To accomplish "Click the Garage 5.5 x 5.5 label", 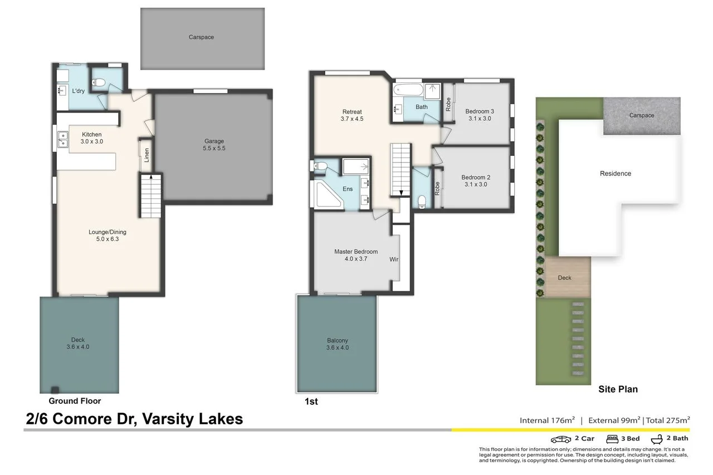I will [214, 145].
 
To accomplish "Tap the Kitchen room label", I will [92, 138].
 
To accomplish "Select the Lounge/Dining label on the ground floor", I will [107, 236].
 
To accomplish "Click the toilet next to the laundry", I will [100, 82].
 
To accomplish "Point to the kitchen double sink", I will [62, 139].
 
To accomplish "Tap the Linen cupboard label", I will [146, 154].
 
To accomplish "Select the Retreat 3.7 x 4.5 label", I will [351, 115].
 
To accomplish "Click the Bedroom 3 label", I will [480, 115].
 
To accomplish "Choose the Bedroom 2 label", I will [475, 181].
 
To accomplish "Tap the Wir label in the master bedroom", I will [394, 259].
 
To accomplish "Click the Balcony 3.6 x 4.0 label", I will [337, 344].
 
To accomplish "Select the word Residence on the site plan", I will [615, 173].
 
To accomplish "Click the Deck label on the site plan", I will [564, 278].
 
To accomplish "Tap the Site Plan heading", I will [617, 389].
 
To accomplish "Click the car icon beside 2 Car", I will [560, 439].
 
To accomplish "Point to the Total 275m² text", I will [667, 420].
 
